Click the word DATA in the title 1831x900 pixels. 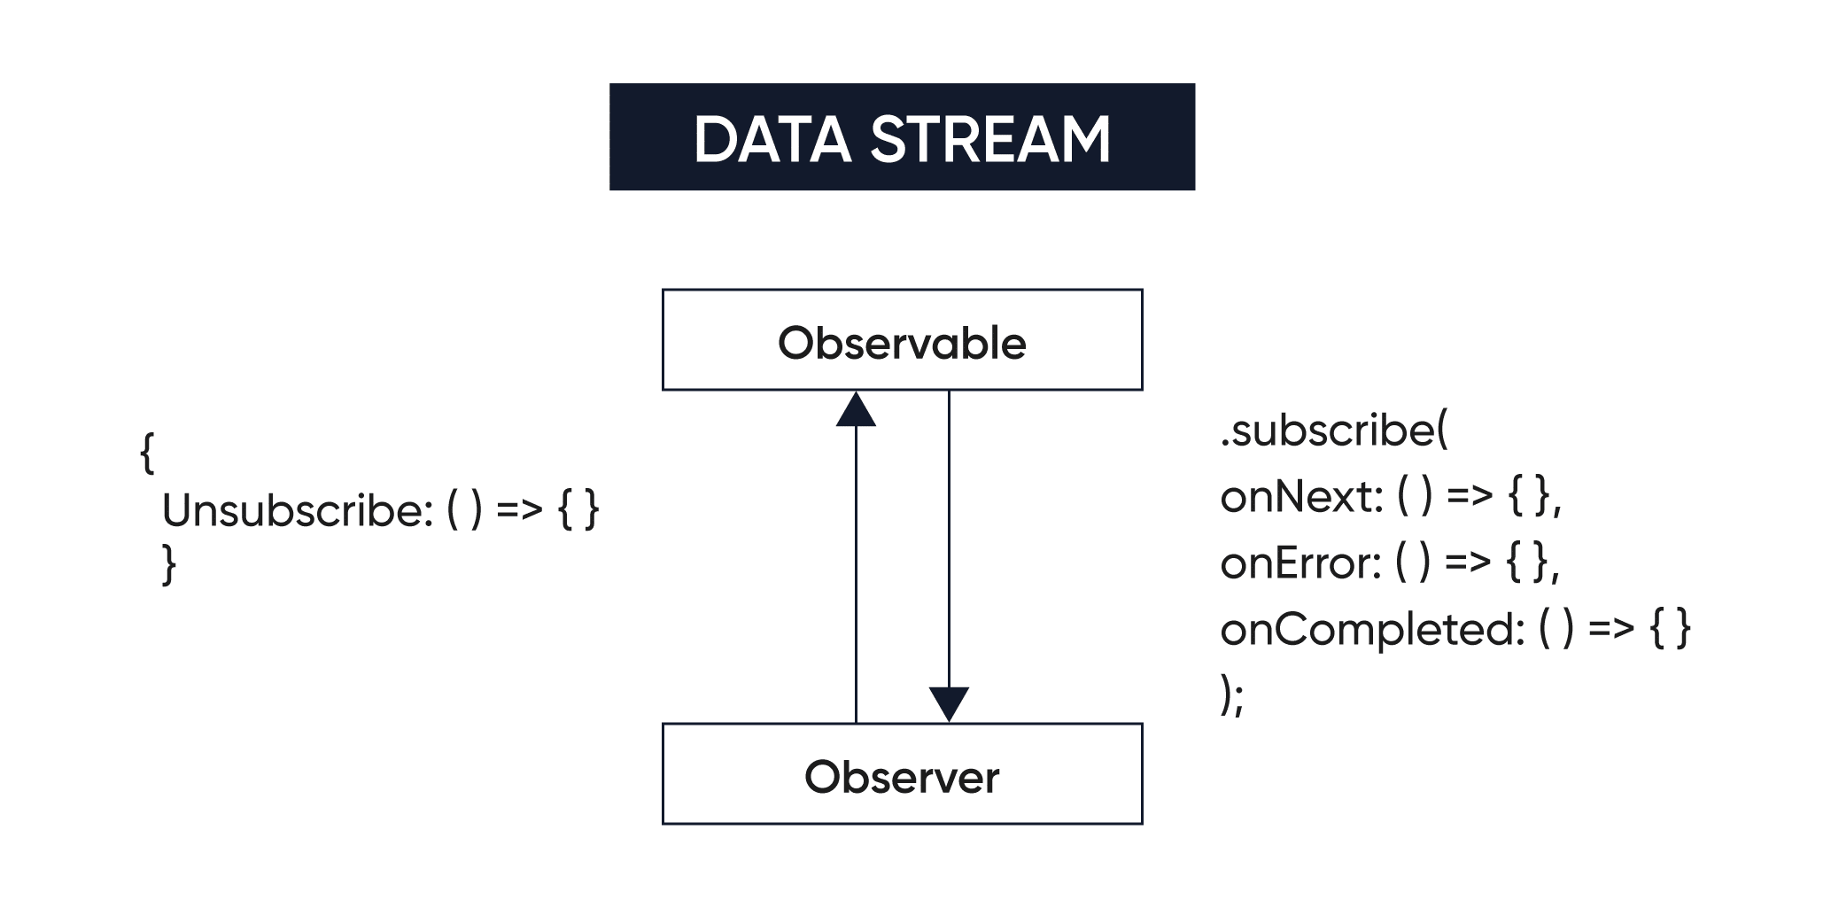772,140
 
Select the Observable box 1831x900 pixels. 902,341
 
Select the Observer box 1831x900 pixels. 902,775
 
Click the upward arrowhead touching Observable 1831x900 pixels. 856,412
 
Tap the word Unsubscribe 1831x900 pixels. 297,511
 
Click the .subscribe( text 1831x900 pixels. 1333,431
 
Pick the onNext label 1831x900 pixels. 1300,497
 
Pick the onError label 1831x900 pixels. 1299,563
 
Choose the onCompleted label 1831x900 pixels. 1370,630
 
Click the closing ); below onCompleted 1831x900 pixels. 1231,695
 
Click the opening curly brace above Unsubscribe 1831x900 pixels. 147,454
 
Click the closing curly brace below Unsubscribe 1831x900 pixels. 169,565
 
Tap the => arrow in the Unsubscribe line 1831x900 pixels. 519,509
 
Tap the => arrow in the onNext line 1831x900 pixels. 1470,496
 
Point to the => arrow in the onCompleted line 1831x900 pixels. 1611,629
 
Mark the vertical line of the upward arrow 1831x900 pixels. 856,576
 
